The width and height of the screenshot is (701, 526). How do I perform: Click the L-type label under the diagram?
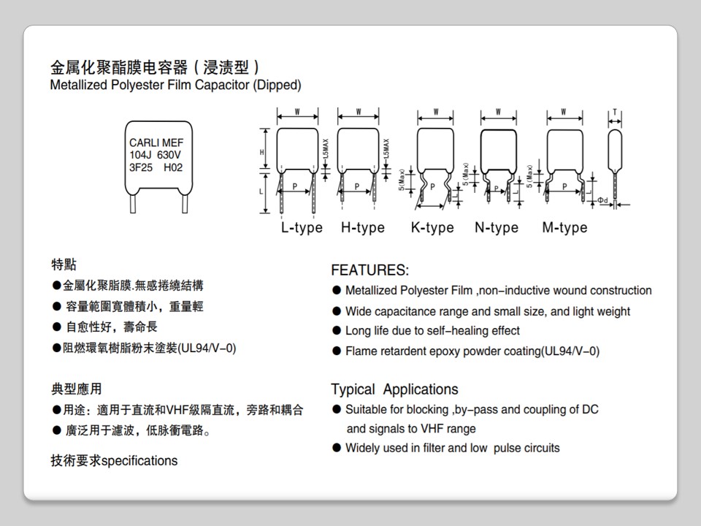pyautogui.click(x=302, y=228)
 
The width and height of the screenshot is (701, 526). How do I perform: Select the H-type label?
pyautogui.click(x=362, y=228)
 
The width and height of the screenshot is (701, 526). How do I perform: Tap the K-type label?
pyautogui.click(x=432, y=228)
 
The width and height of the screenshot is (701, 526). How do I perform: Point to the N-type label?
pyautogui.click(x=497, y=228)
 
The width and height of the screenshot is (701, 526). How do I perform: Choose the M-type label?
pyautogui.click(x=564, y=228)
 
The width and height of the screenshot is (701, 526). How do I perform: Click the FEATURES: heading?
pyautogui.click(x=369, y=270)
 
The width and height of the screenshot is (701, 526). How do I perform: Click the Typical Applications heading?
pyautogui.click(x=394, y=389)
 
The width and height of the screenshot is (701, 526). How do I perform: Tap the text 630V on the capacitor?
pyautogui.click(x=169, y=155)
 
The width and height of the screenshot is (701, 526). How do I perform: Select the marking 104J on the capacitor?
pyautogui.click(x=141, y=155)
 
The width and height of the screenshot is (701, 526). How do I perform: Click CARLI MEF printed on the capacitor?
pyautogui.click(x=156, y=142)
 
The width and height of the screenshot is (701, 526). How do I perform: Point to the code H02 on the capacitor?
pyautogui.click(x=173, y=167)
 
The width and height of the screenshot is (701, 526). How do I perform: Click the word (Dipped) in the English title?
pyautogui.click(x=277, y=85)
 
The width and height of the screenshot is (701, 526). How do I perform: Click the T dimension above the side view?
pyautogui.click(x=615, y=113)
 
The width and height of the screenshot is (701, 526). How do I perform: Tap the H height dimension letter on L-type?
pyautogui.click(x=261, y=152)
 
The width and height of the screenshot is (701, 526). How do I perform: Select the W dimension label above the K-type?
pyautogui.click(x=435, y=113)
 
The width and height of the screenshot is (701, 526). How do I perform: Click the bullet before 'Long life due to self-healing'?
pyautogui.click(x=337, y=331)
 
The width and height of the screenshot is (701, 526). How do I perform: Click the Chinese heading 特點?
pyautogui.click(x=64, y=264)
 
